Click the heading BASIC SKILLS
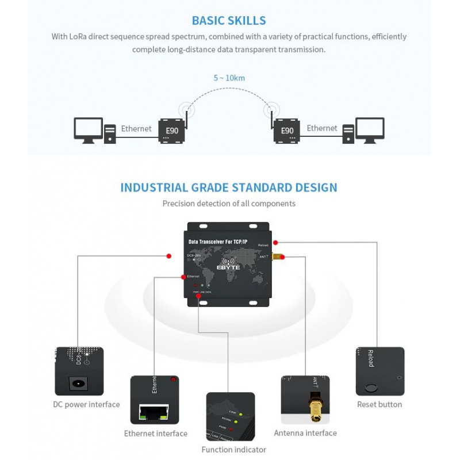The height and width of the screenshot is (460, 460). [x=229, y=21]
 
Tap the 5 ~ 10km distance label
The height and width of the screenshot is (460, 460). [x=229, y=78]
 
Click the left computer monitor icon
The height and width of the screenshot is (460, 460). [x=88, y=129]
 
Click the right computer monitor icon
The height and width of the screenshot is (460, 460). [x=370, y=129]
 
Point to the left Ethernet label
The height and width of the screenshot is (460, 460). [x=136, y=128]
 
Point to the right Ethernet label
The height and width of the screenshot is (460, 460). [x=322, y=128]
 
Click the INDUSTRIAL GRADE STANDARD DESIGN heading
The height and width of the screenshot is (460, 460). [x=229, y=187]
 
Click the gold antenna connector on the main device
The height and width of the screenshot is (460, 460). [x=277, y=257]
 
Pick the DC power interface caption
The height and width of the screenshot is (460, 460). [x=87, y=404]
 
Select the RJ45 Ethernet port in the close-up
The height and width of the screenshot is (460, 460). [x=153, y=411]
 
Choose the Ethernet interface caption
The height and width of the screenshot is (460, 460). [x=156, y=434]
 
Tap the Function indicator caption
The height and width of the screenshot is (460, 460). [x=233, y=450]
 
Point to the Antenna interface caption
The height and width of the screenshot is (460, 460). [x=305, y=433]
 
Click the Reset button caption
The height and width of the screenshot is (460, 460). [x=379, y=404]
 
